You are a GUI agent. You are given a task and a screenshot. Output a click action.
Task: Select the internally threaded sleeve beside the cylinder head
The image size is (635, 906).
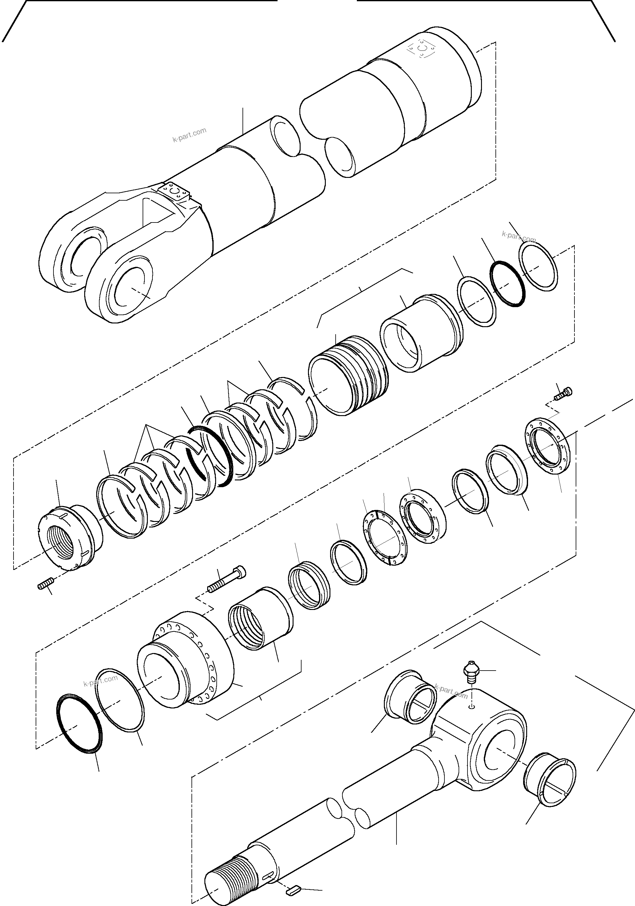[260, 627]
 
